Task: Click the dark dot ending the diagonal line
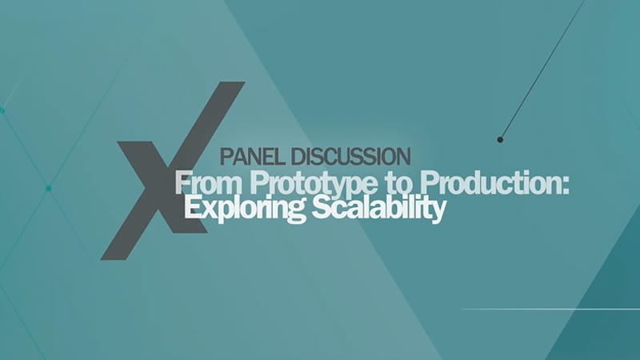tap(500, 140)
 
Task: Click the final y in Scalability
tap(438, 212)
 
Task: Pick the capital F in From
tap(183, 183)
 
